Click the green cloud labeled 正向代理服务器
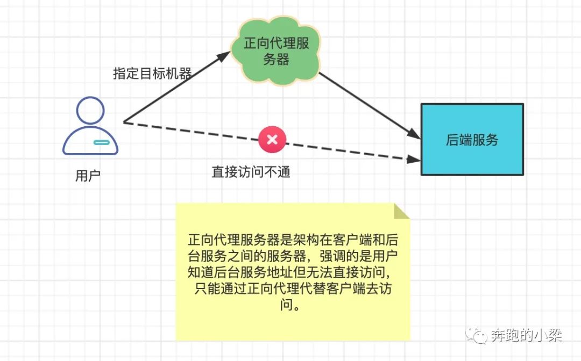277,52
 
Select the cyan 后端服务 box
472,140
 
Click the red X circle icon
272,140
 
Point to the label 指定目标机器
152,74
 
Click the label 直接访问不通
251,172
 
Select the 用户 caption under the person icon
88,176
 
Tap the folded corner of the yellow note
401,211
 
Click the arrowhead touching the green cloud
226,55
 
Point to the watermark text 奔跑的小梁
527,336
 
